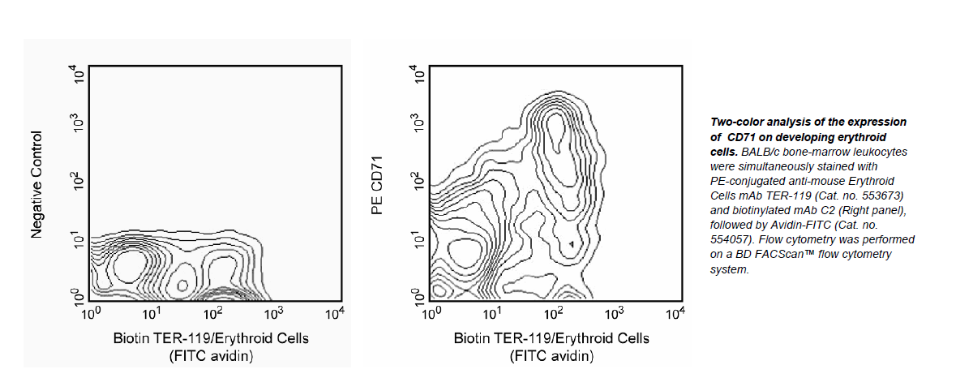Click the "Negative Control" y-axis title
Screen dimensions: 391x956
[36, 184]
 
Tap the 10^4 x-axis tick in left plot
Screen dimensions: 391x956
[334, 312]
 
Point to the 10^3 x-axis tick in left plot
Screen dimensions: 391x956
[273, 312]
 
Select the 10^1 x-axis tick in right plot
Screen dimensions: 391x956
[491, 312]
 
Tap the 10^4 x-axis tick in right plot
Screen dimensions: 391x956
[675, 312]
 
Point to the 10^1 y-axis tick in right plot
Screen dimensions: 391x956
[420, 240]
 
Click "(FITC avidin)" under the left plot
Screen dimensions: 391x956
[211, 354]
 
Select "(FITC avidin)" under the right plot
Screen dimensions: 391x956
[551, 354]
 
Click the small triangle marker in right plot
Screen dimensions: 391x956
[572, 243]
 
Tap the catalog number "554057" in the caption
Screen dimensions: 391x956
[727, 240]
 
